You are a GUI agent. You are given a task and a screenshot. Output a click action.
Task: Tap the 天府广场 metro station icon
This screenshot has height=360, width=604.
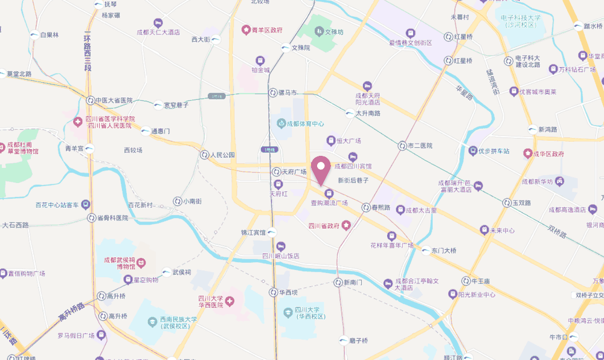[x=276, y=172]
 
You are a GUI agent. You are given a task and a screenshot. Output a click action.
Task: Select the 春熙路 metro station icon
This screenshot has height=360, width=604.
[x=366, y=207]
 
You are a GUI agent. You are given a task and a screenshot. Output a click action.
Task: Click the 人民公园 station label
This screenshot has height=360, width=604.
[x=222, y=155]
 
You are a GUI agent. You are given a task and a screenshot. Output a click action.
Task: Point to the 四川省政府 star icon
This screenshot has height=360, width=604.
[x=346, y=226]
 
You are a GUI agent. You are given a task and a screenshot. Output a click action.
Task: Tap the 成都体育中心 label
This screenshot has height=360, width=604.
[x=305, y=123]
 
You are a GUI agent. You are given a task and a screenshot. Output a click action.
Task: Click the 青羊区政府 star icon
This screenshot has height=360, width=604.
[x=246, y=29]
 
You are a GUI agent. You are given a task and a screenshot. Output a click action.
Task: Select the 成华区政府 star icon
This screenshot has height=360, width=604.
[x=528, y=154]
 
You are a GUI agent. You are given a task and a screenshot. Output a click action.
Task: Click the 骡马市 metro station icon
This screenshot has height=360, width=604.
[x=272, y=93]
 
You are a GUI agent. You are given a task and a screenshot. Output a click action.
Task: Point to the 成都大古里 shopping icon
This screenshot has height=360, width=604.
[x=399, y=210]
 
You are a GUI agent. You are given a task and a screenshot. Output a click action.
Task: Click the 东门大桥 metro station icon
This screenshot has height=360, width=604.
[x=426, y=250]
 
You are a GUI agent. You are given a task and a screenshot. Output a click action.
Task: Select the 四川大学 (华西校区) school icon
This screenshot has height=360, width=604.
[x=289, y=313]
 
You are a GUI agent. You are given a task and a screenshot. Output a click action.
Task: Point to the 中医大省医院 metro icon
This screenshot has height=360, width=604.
[x=90, y=100]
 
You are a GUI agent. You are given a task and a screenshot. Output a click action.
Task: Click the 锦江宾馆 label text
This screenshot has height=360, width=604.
[x=253, y=233]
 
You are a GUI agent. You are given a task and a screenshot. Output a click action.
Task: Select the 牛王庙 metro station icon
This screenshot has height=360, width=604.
[x=466, y=281]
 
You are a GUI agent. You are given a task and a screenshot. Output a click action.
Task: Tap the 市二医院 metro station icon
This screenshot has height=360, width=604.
[x=402, y=146]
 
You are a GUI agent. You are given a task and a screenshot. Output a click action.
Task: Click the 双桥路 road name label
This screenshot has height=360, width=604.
[x=559, y=231]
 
